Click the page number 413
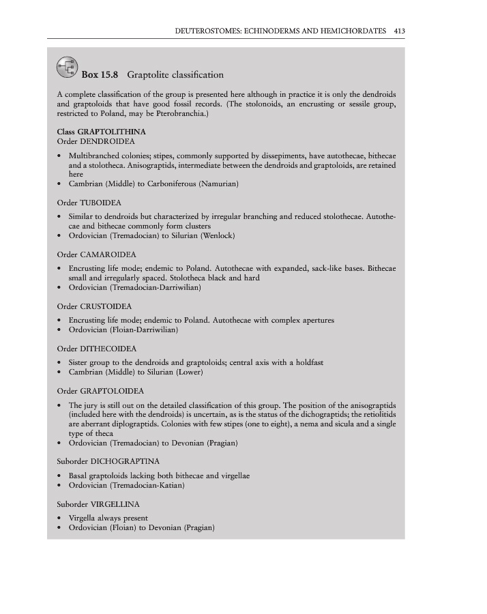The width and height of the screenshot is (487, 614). (400, 31)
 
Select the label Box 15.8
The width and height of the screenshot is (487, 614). (100, 74)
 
